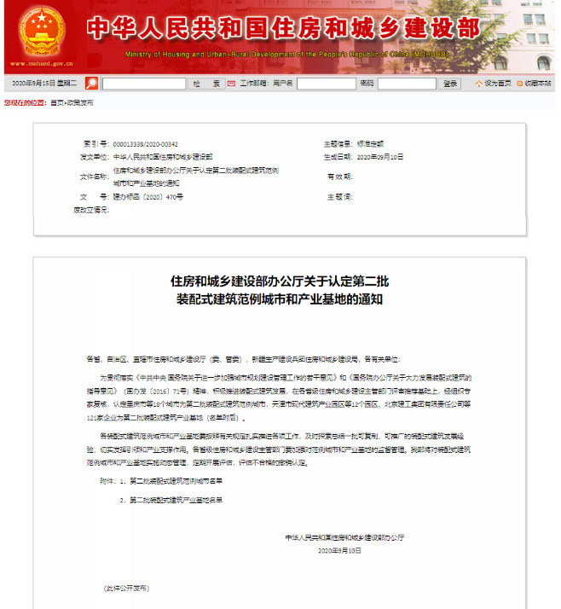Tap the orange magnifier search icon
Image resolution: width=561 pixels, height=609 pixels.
point(91,84)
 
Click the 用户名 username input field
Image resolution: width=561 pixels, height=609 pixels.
point(326,84)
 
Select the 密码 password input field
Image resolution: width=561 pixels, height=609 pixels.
point(407,84)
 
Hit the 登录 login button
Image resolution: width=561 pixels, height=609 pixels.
point(451,84)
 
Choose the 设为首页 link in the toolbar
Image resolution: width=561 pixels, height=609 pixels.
point(498,84)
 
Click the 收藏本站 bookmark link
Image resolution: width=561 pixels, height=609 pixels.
point(537,84)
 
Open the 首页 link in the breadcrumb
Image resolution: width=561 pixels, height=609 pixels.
point(56,102)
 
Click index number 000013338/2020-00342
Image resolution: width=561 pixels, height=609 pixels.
point(146,144)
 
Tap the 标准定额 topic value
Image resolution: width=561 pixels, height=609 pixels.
point(372,144)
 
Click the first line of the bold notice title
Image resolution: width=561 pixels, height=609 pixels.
point(280,280)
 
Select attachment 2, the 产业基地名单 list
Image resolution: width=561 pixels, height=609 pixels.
point(173,499)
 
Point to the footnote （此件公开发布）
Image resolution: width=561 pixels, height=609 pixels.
point(126,589)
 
